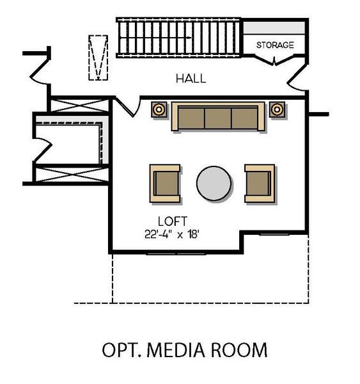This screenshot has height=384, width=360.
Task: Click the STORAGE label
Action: tap(275, 45)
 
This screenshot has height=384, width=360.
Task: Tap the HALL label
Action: tap(191, 79)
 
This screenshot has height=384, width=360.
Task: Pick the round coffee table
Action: tap(214, 184)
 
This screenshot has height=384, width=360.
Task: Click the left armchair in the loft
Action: tap(165, 183)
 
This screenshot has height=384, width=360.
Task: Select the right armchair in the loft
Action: tap(260, 183)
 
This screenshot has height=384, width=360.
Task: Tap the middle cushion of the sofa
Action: tap(217, 118)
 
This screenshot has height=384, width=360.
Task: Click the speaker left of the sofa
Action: tap(159, 109)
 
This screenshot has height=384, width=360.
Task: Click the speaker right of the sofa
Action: tap(277, 109)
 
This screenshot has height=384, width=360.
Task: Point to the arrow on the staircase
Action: tap(185, 38)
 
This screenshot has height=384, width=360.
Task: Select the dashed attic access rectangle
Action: tap(98, 57)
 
